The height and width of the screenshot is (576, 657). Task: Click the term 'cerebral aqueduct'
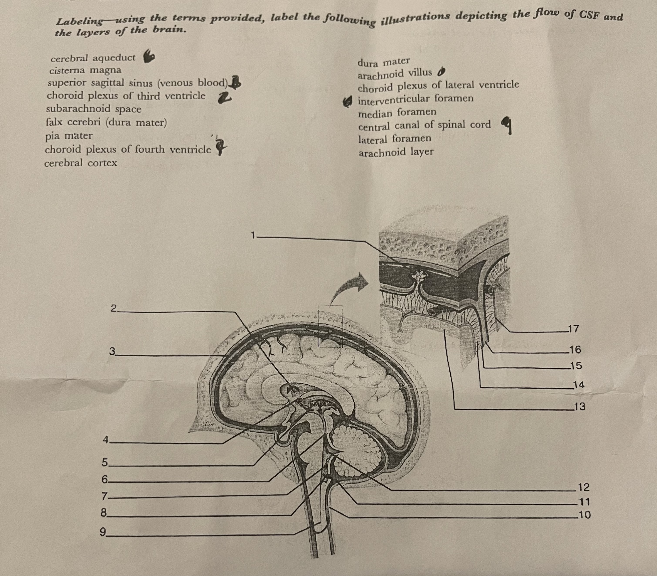(93, 58)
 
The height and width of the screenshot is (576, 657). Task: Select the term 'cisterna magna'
(85, 70)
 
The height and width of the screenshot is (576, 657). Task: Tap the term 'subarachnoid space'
(94, 109)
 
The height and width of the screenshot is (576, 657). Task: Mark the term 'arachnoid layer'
(396, 152)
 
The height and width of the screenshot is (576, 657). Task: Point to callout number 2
(113, 308)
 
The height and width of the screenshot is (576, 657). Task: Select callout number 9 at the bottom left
(103, 532)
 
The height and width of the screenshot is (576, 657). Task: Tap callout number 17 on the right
(573, 329)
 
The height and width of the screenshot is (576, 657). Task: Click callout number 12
(584, 487)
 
